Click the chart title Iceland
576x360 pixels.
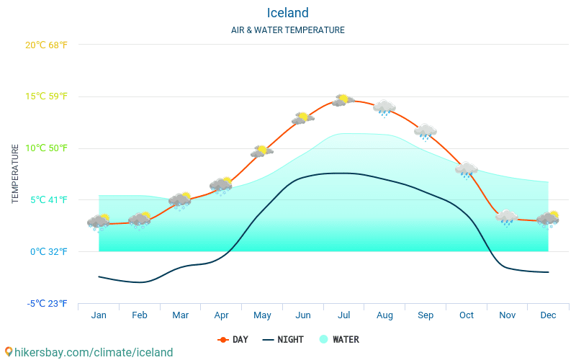pos(287,13)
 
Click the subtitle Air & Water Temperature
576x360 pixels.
pos(287,30)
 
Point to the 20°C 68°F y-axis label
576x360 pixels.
pos(46,45)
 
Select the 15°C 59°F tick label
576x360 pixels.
pos(46,96)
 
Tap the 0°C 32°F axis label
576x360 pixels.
pos(48,251)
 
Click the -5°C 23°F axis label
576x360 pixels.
pos(48,303)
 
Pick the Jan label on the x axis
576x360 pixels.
pos(99,315)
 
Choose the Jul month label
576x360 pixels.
pos(344,315)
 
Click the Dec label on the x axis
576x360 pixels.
pos(548,315)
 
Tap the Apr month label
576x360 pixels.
pos(221,315)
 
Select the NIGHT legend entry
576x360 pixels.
pos(283,339)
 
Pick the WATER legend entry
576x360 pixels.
pos(338,339)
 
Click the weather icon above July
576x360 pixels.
pos(343,100)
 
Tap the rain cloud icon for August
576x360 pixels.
pos(384,108)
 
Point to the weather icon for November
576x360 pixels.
pos(507,217)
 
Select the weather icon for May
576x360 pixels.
pos(261,151)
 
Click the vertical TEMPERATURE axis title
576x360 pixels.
pos(15,174)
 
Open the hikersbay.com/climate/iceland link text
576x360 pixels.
pos(89,352)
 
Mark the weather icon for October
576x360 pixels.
pos(467,170)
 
